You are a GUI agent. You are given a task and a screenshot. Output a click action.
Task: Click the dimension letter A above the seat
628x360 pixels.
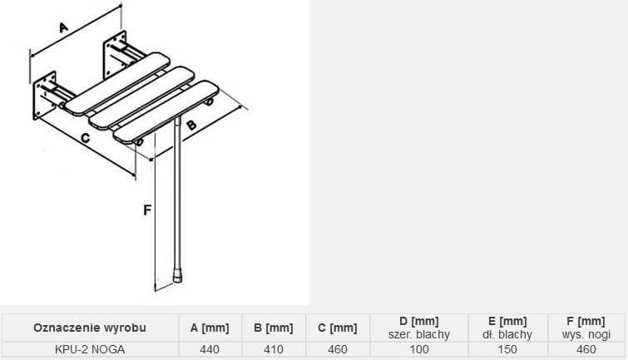click(64, 27)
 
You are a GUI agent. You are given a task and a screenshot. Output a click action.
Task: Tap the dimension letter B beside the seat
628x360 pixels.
click(191, 125)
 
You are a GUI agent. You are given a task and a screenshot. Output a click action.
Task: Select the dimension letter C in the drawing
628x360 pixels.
click(86, 138)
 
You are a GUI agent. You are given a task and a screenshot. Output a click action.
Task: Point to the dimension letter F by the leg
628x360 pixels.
click(147, 210)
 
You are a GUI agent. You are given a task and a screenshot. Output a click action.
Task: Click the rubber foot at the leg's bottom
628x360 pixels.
click(177, 277)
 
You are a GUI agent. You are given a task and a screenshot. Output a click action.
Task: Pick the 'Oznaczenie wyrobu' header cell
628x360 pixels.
click(90, 328)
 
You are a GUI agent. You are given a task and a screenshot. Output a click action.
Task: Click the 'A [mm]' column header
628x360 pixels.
click(210, 328)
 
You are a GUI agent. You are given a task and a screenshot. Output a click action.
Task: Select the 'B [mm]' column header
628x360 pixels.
click(274, 328)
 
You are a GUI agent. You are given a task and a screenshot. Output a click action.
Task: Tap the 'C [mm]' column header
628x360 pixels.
click(338, 328)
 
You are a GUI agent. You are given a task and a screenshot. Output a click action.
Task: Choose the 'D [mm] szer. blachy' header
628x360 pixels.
click(419, 328)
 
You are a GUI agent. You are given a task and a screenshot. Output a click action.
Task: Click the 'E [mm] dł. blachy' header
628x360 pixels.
click(507, 328)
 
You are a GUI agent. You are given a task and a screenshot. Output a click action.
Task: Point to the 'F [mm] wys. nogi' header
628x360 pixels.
click(586, 328)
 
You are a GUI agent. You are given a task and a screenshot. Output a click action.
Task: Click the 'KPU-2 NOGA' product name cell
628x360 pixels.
click(90, 349)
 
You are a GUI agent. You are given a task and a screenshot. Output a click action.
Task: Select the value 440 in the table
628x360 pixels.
click(210, 349)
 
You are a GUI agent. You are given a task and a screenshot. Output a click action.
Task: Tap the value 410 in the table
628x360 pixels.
click(274, 349)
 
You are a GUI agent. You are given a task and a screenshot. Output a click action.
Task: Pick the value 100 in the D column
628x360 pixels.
click(419, 349)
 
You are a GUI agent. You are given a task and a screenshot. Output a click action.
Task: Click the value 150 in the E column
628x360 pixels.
click(507, 349)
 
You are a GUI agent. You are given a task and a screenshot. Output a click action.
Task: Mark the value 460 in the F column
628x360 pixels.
click(586, 349)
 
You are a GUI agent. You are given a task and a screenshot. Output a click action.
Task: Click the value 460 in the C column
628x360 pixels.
click(338, 349)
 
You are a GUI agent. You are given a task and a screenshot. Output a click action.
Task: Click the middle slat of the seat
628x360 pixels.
click(141, 98)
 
